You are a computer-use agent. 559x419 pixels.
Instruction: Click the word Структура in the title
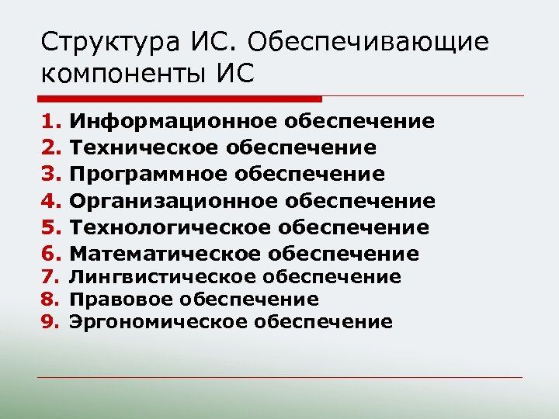pyautogui.click(x=98, y=43)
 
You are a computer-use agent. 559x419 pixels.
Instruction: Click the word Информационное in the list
pyautogui.click(x=173, y=121)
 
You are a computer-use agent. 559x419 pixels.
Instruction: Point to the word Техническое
pyautogui.click(x=144, y=147)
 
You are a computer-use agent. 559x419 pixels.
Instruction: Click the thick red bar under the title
pyautogui.click(x=179, y=99)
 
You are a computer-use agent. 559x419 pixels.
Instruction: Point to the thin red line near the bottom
pyautogui.click(x=279, y=378)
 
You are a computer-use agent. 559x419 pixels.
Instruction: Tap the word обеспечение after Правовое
pyautogui.click(x=249, y=300)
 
